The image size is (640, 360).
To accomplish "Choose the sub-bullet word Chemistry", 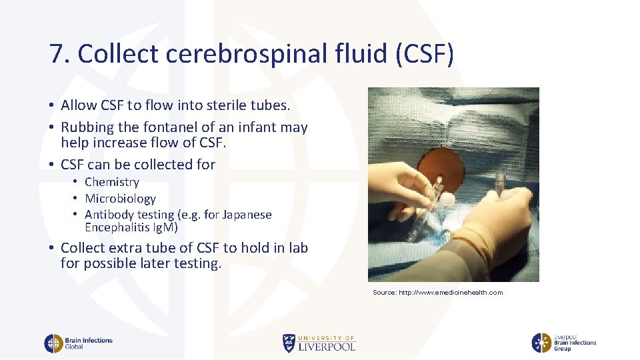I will (112, 182).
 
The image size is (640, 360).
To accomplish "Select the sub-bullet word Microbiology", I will (120, 199).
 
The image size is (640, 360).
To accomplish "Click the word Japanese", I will (245, 215).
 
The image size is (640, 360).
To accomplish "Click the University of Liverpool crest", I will (289, 343).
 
